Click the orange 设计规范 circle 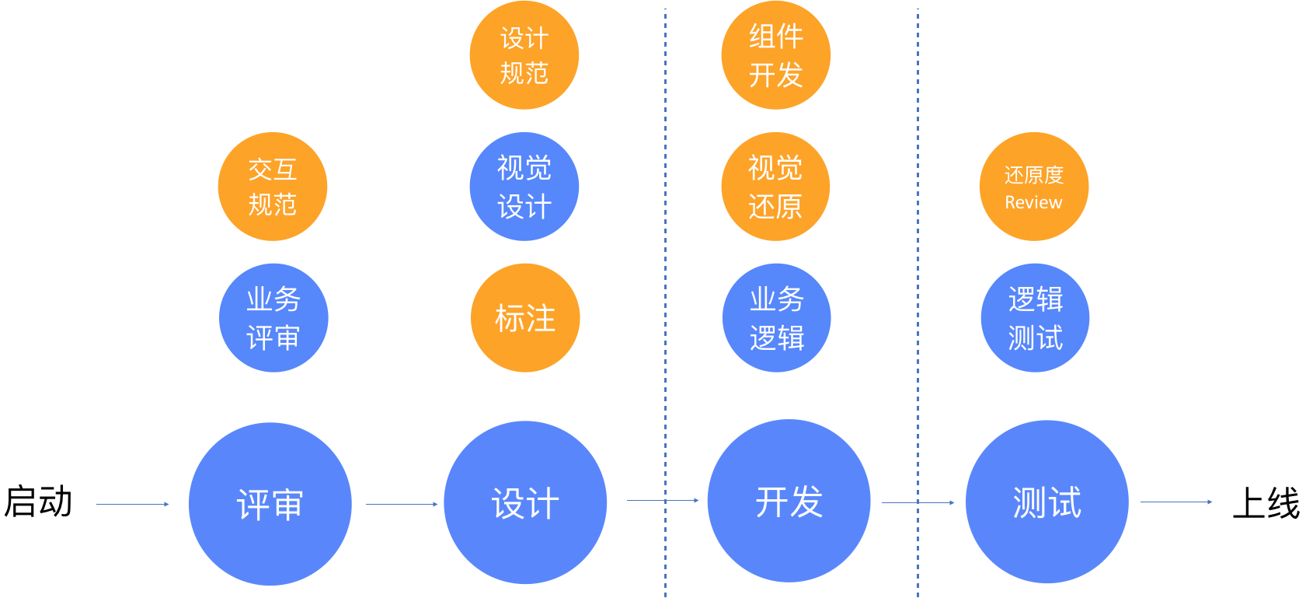pyautogui.click(x=524, y=55)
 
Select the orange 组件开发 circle pyautogui.click(x=775, y=55)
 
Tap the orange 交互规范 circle pyautogui.click(x=272, y=187)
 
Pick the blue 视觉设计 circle pyautogui.click(x=524, y=187)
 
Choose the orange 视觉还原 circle pyautogui.click(x=775, y=187)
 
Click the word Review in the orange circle pyautogui.click(x=1033, y=203)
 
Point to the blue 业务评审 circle pyautogui.click(x=273, y=318)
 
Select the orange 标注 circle pyautogui.click(x=525, y=318)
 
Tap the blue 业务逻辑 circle pyautogui.click(x=776, y=318)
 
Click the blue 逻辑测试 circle pyautogui.click(x=1035, y=318)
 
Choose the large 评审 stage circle pyautogui.click(x=270, y=504)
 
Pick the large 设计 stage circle pyautogui.click(x=525, y=502)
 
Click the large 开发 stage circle pyautogui.click(x=789, y=501)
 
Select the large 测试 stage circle pyautogui.click(x=1047, y=502)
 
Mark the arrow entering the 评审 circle pyautogui.click(x=132, y=504)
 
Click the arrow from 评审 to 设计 pyautogui.click(x=402, y=504)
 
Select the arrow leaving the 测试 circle pyautogui.click(x=1175, y=502)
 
